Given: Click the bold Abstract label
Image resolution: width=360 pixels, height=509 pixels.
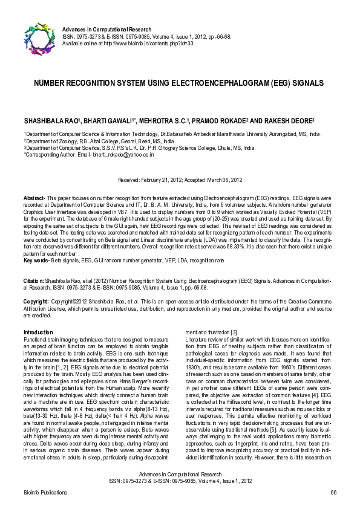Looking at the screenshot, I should point(33,198).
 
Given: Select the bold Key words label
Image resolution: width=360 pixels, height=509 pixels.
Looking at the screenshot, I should point(36,261).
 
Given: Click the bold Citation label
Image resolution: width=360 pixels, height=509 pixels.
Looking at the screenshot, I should point(34,281).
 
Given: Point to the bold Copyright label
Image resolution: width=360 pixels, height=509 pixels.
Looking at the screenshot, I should point(36,301).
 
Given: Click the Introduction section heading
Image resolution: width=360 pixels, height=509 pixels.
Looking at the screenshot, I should point(38,333).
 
